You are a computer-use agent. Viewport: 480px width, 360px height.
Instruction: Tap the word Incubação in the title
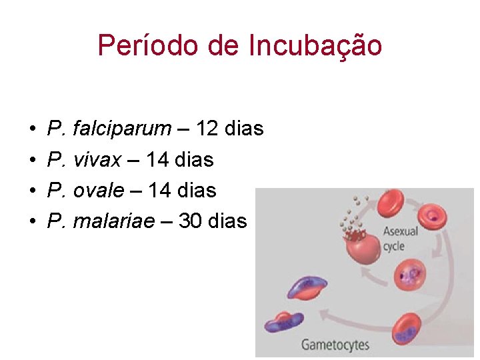tap(315, 46)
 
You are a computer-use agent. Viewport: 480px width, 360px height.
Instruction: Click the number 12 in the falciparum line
tap(207, 128)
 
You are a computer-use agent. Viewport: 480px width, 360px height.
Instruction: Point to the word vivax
tap(97, 159)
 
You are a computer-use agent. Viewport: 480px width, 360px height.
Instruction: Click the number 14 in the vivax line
tap(158, 159)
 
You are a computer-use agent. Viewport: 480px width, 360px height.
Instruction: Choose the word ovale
tap(99, 190)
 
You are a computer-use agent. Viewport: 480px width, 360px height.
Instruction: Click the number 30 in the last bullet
tap(191, 221)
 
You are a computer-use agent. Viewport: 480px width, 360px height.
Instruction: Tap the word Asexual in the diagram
tap(400, 231)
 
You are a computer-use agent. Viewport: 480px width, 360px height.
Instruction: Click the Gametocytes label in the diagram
tap(335, 345)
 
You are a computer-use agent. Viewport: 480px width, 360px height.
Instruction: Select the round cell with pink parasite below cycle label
tap(411, 275)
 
